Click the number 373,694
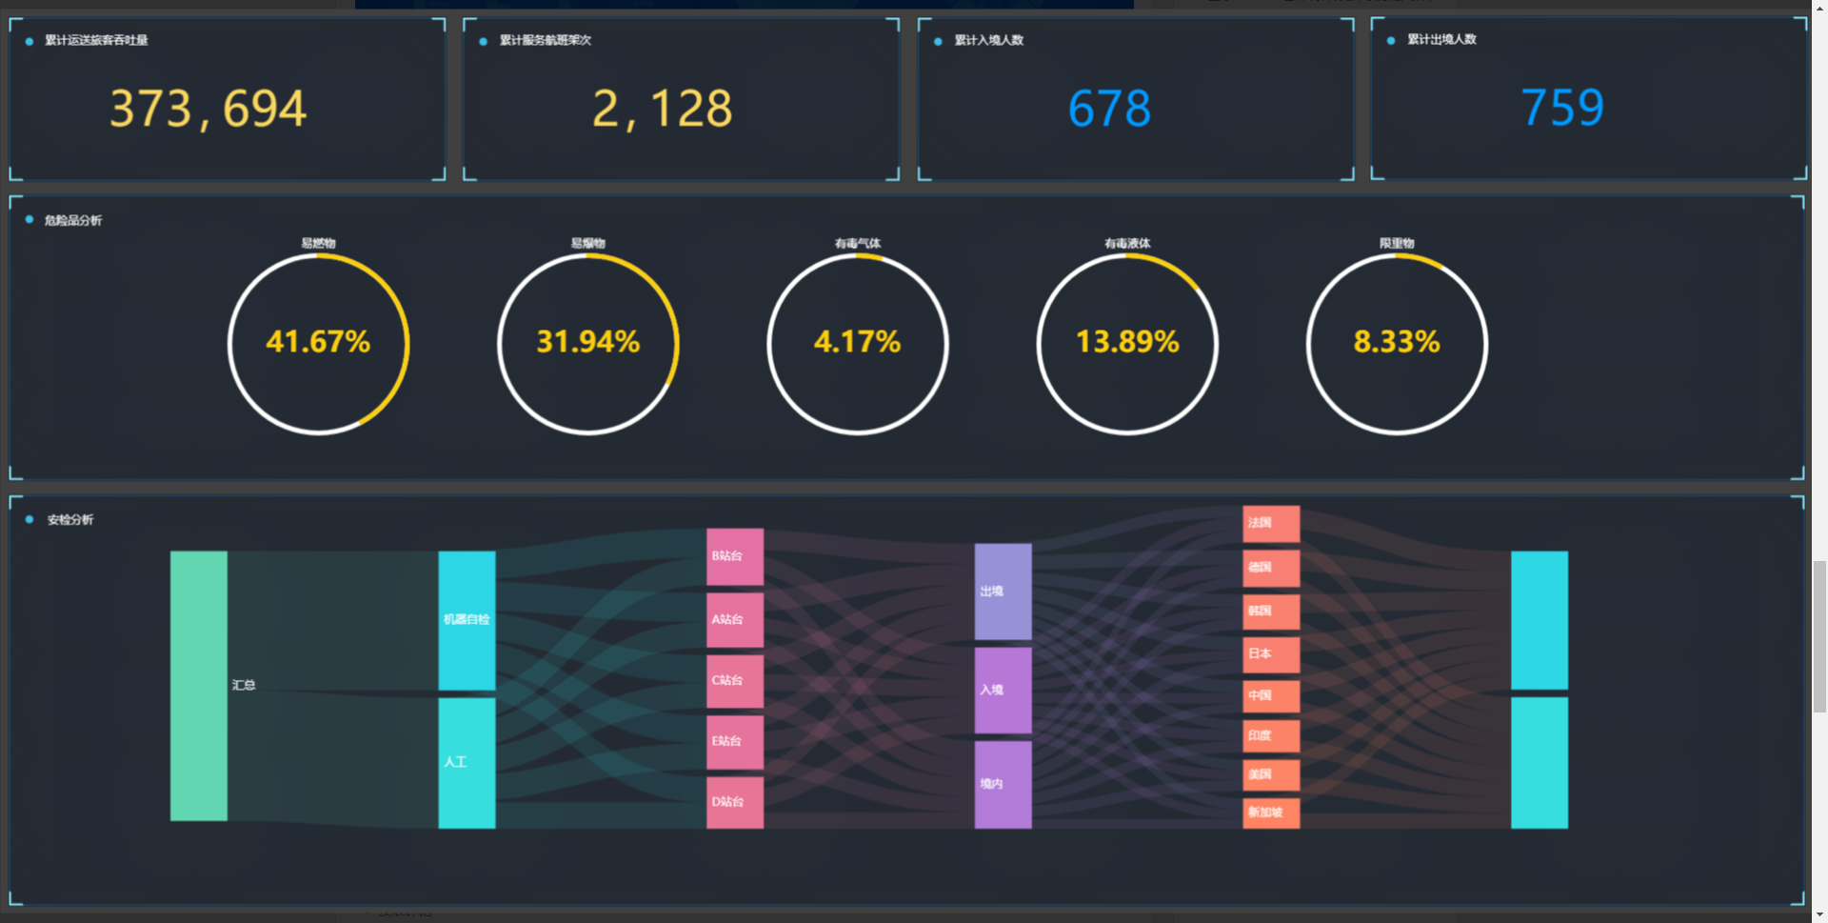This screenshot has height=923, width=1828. pos(208,109)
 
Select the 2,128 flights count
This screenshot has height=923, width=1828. pos(662,109)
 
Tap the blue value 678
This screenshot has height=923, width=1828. pos(1109,109)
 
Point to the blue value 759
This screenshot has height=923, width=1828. pos(1562,108)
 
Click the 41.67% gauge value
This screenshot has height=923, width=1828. pos(318,342)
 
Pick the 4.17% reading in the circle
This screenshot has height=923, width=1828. pos(857,342)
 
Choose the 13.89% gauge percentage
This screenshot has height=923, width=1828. pos(1127,342)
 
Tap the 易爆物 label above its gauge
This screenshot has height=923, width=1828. pos(587,243)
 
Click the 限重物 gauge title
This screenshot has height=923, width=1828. pos(1397,243)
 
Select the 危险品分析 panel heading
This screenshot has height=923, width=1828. pos(73,220)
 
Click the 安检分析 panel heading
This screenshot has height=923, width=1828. pos(70,520)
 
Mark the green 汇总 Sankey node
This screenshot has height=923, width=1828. pos(199,686)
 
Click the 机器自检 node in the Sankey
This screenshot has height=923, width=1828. pos(467,620)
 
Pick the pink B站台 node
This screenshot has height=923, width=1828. pos(734,556)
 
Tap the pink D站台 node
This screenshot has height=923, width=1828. pos(734,802)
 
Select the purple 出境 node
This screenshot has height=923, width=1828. pos(1003,592)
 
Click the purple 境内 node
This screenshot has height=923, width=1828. pos(1003,784)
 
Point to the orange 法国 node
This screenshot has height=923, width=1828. pos(1271,523)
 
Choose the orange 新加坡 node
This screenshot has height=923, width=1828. pos(1271,813)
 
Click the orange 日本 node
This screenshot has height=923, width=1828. pos(1271,654)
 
